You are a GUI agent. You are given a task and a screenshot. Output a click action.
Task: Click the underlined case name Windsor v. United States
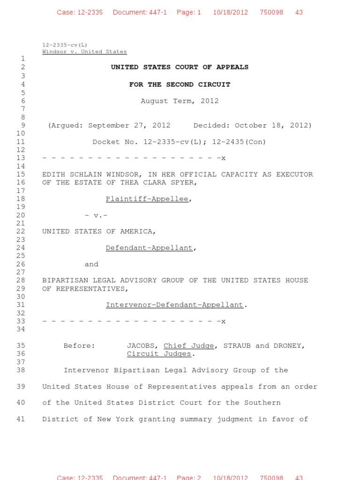[84, 52]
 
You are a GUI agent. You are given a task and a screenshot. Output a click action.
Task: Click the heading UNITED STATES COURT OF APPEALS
[180, 67]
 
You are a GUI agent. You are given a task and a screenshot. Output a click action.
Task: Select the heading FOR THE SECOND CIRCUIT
[180, 84]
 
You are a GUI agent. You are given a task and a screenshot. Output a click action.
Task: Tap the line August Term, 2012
[180, 101]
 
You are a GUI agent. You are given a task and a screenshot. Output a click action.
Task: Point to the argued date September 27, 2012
[129, 126]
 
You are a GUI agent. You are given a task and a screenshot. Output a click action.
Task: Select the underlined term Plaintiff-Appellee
[147, 199]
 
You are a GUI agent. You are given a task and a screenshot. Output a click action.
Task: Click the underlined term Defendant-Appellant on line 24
[149, 248]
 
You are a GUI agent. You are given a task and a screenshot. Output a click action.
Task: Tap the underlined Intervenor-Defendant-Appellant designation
[174, 305]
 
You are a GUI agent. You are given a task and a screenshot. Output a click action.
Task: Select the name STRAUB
[237, 346]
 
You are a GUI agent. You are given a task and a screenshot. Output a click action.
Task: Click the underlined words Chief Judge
[188, 346]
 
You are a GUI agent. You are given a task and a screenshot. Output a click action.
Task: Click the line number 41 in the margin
[20, 419]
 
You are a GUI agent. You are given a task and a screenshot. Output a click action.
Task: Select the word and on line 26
[91, 264]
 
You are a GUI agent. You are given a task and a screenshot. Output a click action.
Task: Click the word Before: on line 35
[79, 346]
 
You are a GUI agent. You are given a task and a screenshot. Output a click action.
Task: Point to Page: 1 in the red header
[188, 12]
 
